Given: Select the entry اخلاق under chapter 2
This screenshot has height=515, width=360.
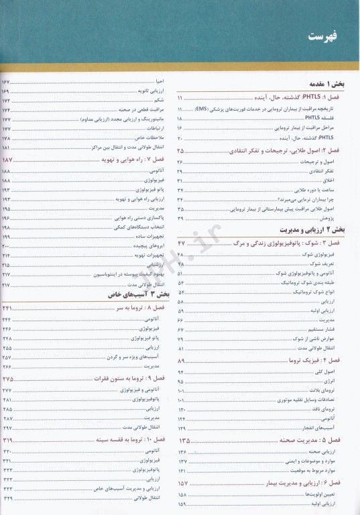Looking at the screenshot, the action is tap(344, 181).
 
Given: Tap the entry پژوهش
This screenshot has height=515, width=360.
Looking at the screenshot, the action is tap(343, 219).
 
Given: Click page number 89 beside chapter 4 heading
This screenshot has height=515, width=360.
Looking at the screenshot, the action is tap(183, 361).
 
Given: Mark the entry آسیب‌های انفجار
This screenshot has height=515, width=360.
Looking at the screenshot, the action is tap(334, 428).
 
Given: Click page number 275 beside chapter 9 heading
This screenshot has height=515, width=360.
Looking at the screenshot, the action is tap(9, 380).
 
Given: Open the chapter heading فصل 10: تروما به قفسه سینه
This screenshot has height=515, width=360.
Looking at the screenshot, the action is tap(128, 440).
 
